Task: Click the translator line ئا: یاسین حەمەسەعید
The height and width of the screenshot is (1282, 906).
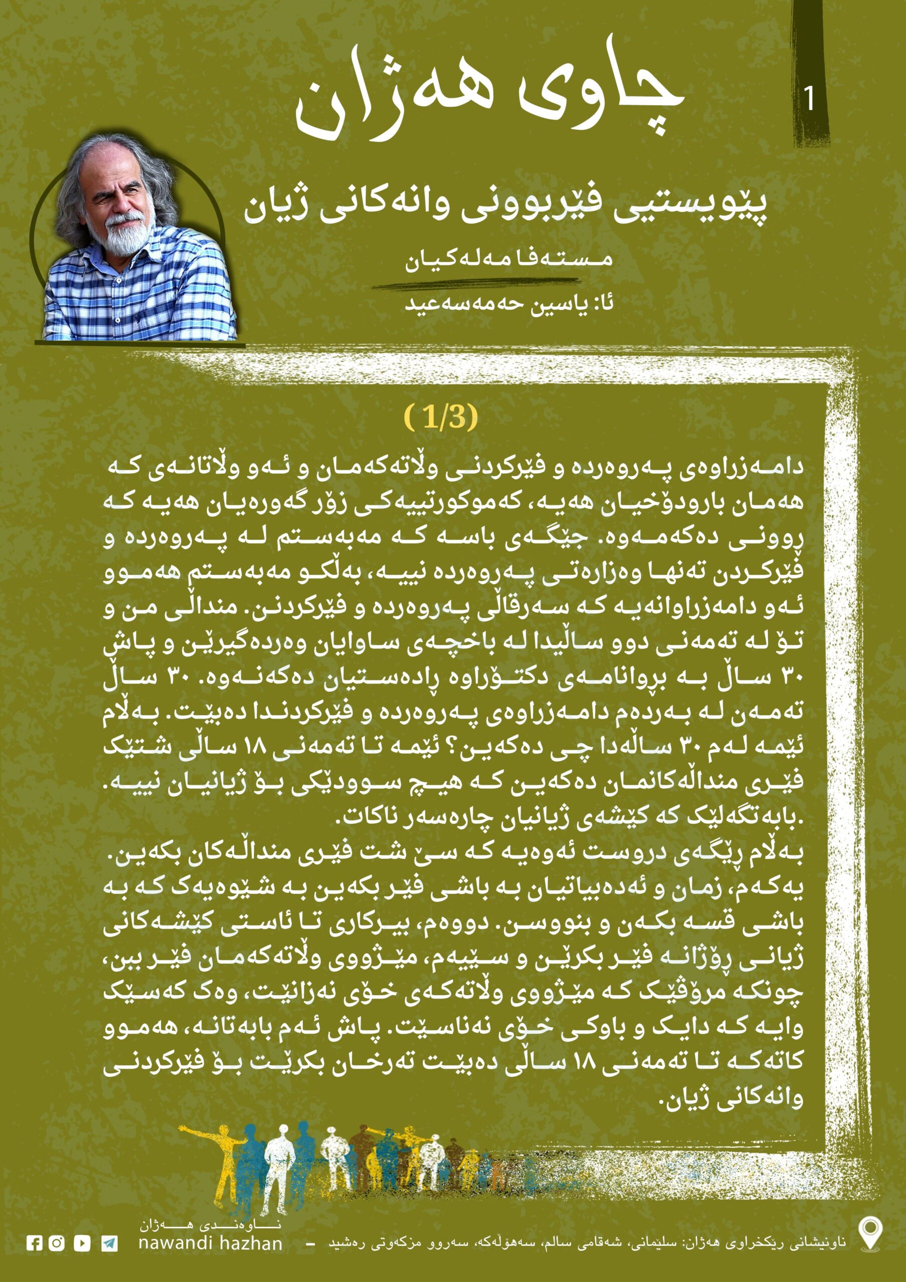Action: [509, 305]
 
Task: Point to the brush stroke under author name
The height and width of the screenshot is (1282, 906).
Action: [480, 286]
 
